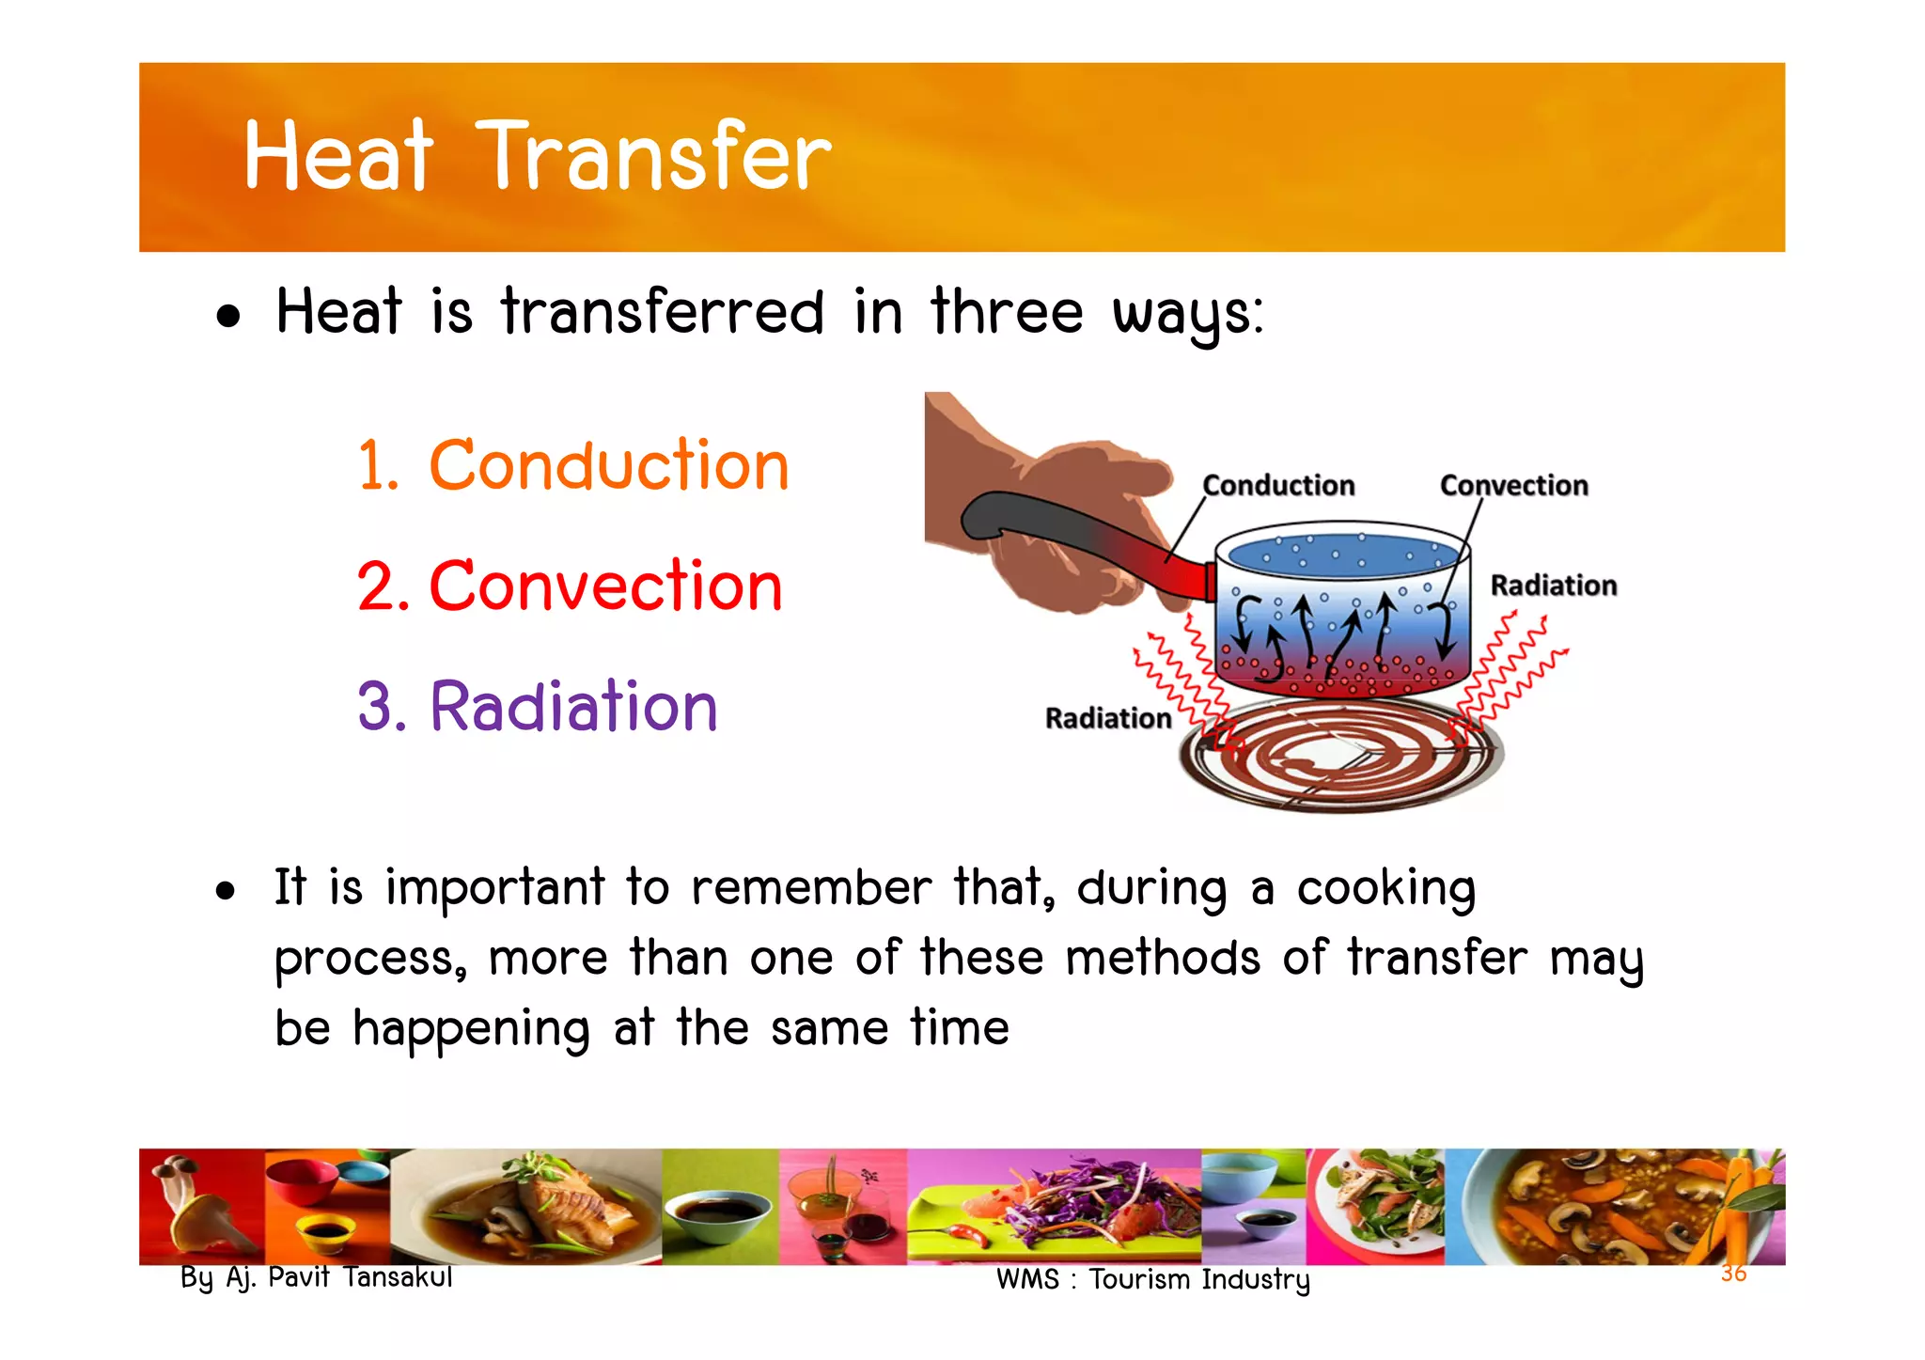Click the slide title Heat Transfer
pyautogui.click(x=537, y=156)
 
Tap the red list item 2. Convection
pyautogui.click(x=570, y=586)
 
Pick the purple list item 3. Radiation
pyautogui.click(x=538, y=706)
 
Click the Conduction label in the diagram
pyautogui.click(x=1278, y=485)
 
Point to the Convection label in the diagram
pyautogui.click(x=1513, y=485)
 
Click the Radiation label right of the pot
pyautogui.click(x=1553, y=586)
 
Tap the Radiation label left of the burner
pyautogui.click(x=1108, y=718)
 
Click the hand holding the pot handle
pyautogui.click(x=1053, y=508)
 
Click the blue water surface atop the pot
pyautogui.click(x=1342, y=555)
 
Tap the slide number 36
pyautogui.click(x=1733, y=1274)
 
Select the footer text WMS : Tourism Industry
pyautogui.click(x=1152, y=1279)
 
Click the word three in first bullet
pyautogui.click(x=1007, y=312)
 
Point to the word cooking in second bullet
pyautogui.click(x=1385, y=888)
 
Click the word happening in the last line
pyautogui.click(x=471, y=1028)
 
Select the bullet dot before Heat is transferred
pyautogui.click(x=227, y=316)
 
